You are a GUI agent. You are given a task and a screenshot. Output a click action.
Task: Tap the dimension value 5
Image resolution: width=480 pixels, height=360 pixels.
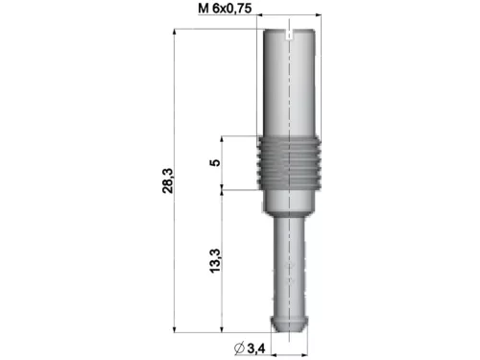215,161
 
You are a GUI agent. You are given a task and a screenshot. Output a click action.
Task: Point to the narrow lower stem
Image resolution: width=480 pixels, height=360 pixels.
290,259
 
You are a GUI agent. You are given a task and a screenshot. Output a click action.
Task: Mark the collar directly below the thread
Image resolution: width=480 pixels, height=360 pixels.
290,200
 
